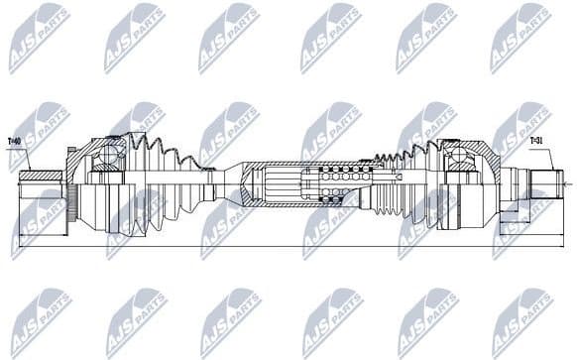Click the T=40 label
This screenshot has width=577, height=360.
click(15, 141)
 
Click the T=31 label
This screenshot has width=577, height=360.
click(536, 141)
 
